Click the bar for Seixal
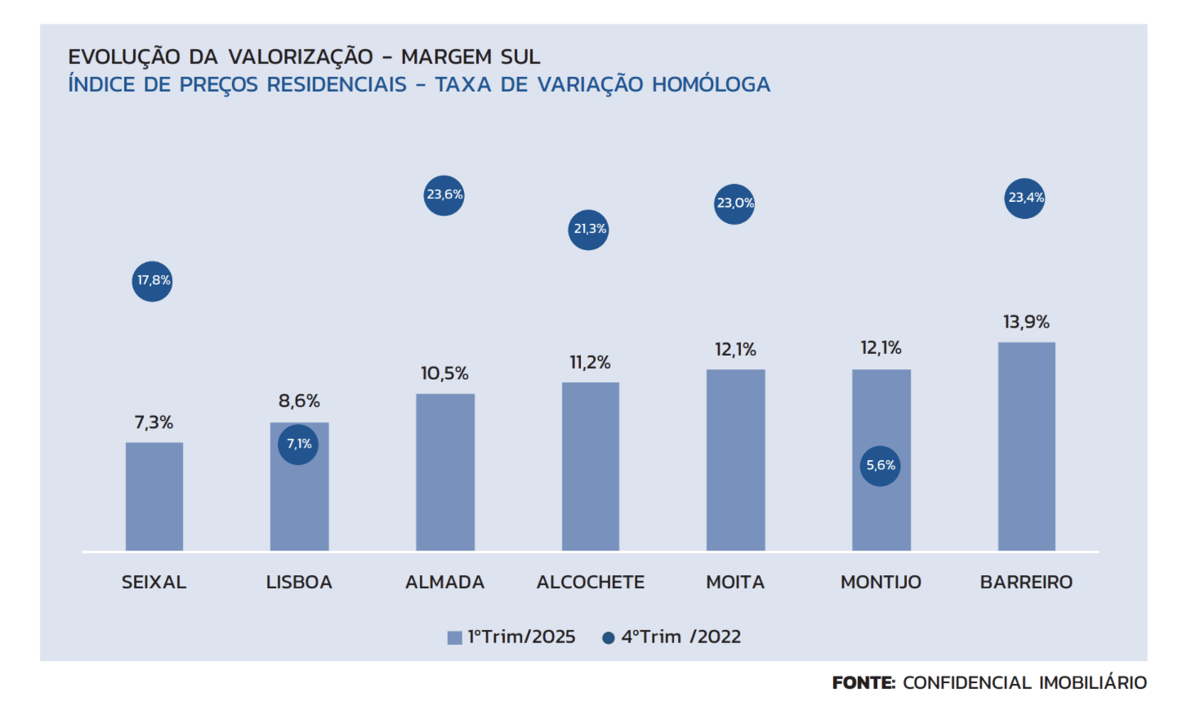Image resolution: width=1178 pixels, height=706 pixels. point(154,496)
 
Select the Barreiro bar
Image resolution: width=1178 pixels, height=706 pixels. point(1026,446)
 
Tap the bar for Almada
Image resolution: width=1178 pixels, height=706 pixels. point(445,471)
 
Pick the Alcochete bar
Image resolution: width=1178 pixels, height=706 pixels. point(590,466)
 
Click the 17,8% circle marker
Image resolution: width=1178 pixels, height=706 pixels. point(153,281)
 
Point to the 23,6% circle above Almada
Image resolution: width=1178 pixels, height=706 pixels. point(444,195)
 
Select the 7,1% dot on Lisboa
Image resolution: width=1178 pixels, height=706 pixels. point(298,445)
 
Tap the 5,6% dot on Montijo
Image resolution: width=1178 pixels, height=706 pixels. point(881,466)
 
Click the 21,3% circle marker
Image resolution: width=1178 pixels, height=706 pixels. point(589,230)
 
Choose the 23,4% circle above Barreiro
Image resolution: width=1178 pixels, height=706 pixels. point(1025,199)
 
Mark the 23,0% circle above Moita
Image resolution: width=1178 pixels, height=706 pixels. point(734,203)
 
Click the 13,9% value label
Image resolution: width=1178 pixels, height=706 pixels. point(1026,322)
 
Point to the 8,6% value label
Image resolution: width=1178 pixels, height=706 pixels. point(299,401)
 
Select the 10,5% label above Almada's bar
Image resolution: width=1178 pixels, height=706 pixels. point(444,373)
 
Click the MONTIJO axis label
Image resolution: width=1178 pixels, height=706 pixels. point(881,583)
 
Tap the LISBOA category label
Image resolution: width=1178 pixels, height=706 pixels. point(299,583)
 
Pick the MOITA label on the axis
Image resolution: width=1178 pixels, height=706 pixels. point(735,583)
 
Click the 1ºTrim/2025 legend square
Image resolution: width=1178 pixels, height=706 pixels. point(455,638)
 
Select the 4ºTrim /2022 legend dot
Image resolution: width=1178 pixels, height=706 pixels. point(608,638)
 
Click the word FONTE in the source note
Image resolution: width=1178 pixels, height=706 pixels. point(863,683)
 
